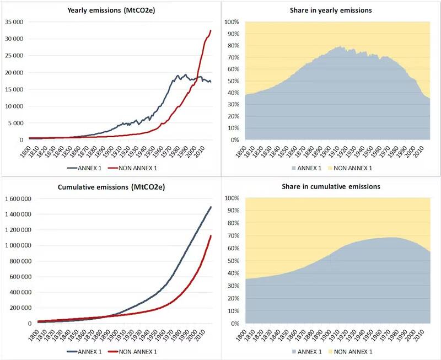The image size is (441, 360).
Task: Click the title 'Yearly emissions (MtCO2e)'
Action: (110, 10)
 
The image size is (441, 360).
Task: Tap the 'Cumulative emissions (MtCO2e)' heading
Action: (110, 187)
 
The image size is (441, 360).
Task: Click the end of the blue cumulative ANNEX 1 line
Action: (211, 207)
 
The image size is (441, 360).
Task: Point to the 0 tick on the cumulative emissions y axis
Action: (29, 324)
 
